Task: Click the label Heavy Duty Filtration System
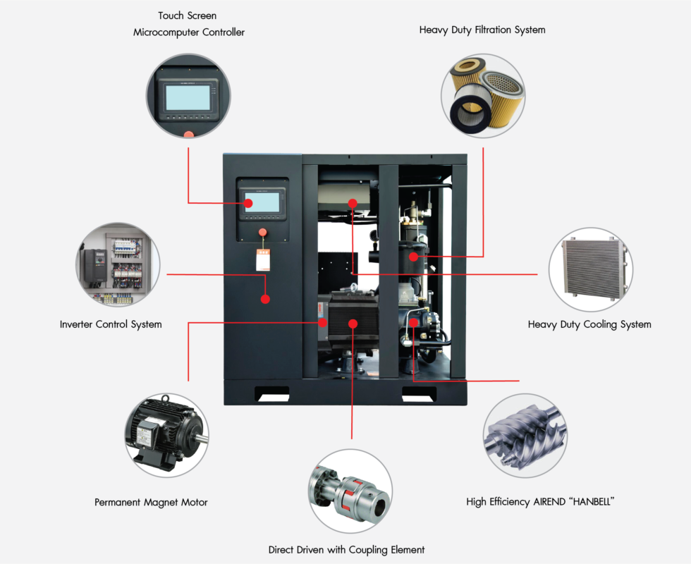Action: [482, 30]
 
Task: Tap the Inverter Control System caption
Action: [111, 324]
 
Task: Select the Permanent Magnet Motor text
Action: [151, 503]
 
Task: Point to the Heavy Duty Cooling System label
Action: [589, 324]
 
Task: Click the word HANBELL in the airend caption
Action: [582, 502]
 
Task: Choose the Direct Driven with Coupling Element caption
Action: [346, 549]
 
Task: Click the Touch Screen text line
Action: [187, 16]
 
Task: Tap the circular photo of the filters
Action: [483, 97]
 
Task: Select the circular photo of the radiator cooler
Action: [590, 269]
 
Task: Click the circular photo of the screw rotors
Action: [525, 436]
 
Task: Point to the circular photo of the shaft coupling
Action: [350, 490]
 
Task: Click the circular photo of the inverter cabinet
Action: [117, 264]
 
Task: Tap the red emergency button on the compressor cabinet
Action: [263, 231]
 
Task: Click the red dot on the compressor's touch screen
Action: [249, 204]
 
